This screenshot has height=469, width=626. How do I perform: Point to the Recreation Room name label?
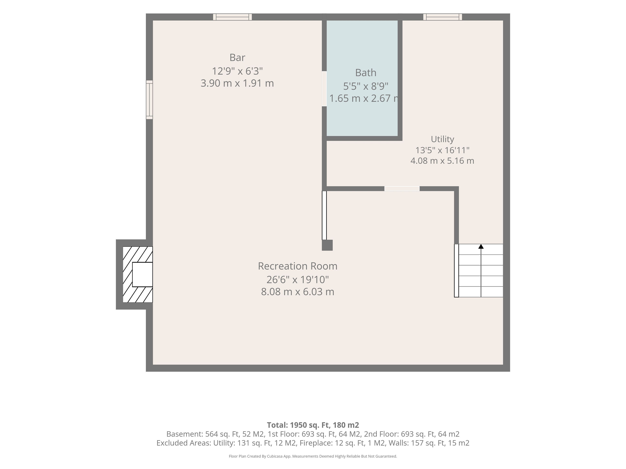(x=298, y=266)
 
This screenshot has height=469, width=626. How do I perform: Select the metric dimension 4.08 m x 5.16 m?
(x=442, y=161)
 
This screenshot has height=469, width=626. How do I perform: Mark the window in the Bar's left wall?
(x=149, y=100)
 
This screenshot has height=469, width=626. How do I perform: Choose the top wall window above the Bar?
(x=232, y=17)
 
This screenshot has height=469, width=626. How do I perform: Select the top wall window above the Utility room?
(x=443, y=17)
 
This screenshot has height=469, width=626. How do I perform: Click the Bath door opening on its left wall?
(x=324, y=89)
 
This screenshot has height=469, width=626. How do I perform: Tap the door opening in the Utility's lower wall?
(x=402, y=189)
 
